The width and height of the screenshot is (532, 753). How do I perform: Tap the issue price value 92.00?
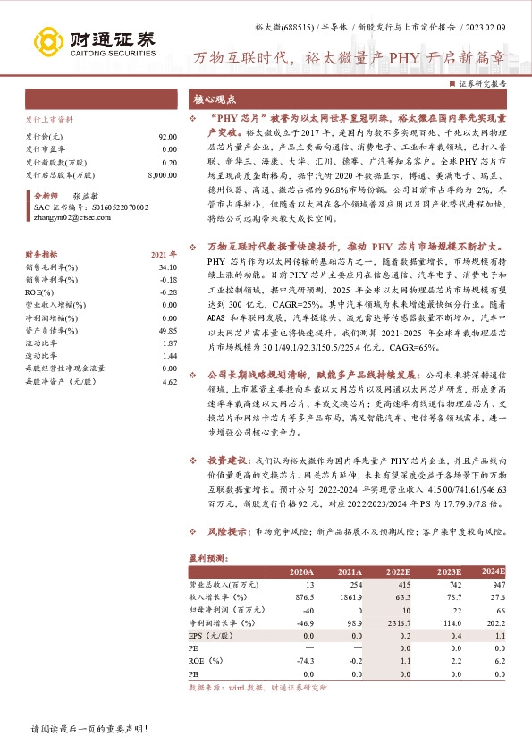pos(167,136)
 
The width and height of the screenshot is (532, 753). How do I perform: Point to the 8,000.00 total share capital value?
pos(160,176)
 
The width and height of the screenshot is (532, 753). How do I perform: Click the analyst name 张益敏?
pos(86,194)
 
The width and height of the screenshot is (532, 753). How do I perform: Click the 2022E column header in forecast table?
pos(398,571)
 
